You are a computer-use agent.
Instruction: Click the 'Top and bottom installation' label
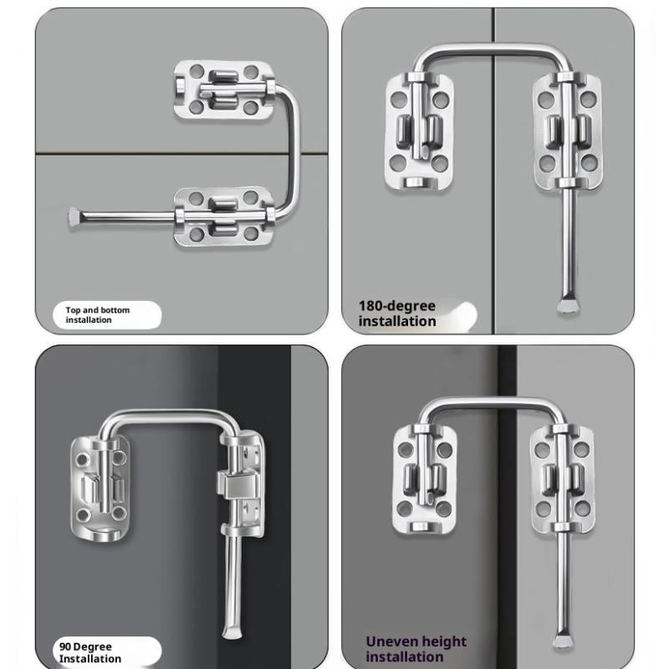[98, 315]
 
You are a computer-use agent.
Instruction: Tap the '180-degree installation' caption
[397, 314]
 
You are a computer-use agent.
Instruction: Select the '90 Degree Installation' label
[90, 652]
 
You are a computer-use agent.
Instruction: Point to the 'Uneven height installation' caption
[416, 649]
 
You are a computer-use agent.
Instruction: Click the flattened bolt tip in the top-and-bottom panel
[74, 217]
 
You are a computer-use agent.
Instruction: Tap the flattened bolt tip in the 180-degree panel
[569, 305]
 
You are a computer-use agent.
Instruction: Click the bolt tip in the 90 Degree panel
[232, 631]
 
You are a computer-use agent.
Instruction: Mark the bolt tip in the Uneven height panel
[562, 641]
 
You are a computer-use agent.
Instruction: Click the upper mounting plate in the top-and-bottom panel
[224, 89]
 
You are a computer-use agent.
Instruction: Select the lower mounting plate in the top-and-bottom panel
[224, 217]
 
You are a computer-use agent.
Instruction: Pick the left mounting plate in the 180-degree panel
[418, 131]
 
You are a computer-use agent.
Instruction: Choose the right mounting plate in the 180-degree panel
[568, 131]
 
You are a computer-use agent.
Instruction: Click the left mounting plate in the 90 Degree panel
[100, 488]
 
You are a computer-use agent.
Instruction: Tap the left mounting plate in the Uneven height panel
[424, 479]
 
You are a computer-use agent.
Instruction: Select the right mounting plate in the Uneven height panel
[562, 479]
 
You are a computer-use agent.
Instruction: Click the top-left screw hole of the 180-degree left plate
[399, 99]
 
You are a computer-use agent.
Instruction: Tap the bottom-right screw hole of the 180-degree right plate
[589, 163]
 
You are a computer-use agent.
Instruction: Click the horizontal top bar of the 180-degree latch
[493, 49]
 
